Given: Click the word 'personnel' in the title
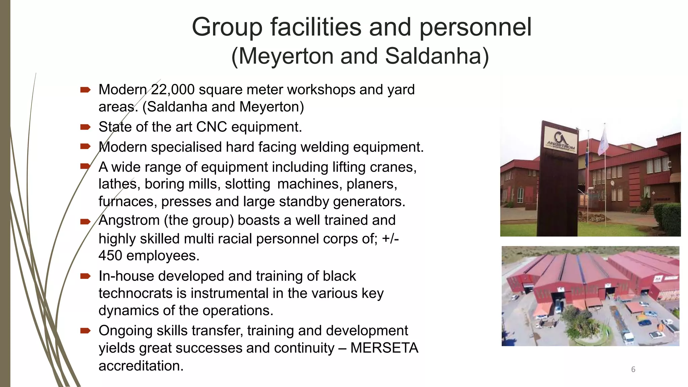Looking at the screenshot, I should coord(475,28).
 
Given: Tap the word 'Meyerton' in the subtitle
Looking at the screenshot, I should coord(286,56).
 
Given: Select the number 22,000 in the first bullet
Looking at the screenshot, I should coord(173,90).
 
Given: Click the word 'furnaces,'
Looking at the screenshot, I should coord(128,202).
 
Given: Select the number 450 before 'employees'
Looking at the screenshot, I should coord(110,256).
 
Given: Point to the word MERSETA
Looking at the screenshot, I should coord(384,348).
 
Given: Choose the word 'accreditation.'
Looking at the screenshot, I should coord(141,366).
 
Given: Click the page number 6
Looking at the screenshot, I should coord(633,370).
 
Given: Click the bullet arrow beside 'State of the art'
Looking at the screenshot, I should coord(85,127).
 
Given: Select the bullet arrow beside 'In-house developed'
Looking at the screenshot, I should coord(85,276).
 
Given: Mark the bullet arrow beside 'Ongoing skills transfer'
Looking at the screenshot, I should coord(85,331).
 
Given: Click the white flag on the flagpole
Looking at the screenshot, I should coord(604,140).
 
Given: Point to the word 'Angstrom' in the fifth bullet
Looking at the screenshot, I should coord(129,220).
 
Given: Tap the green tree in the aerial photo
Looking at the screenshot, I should coord(576,319).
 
